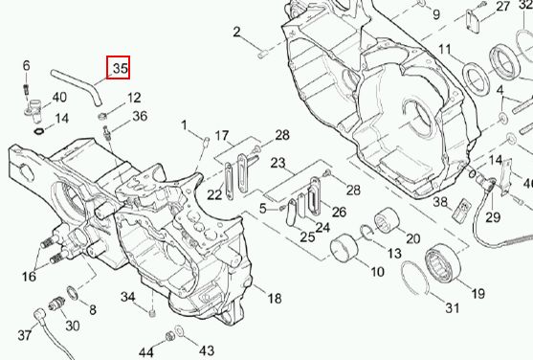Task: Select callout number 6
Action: coord(26,66)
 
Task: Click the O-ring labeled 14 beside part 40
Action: coord(39,131)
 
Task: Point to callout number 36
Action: coord(140,116)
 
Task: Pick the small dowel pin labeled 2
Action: coord(263,54)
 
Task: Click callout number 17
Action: coord(222,136)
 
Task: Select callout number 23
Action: coord(278,163)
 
